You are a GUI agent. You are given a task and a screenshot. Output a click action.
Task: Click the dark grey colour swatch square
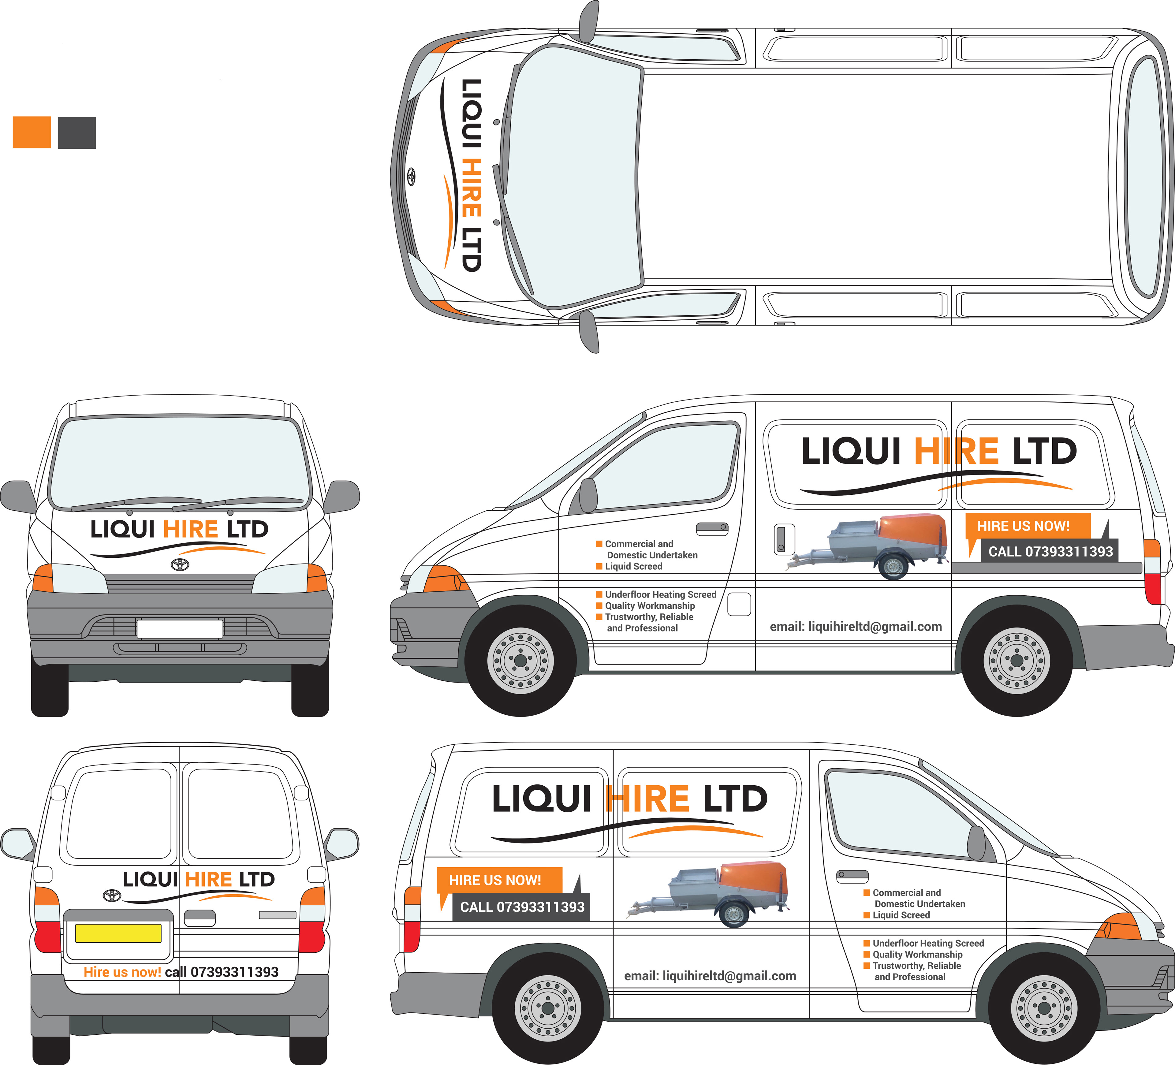(x=76, y=133)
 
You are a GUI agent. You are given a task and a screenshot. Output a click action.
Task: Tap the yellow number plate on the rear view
(x=118, y=933)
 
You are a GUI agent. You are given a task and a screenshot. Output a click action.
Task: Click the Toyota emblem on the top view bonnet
(x=411, y=176)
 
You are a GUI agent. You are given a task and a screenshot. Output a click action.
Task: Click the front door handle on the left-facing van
(x=712, y=528)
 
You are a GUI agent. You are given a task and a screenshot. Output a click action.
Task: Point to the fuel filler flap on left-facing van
(x=739, y=604)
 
